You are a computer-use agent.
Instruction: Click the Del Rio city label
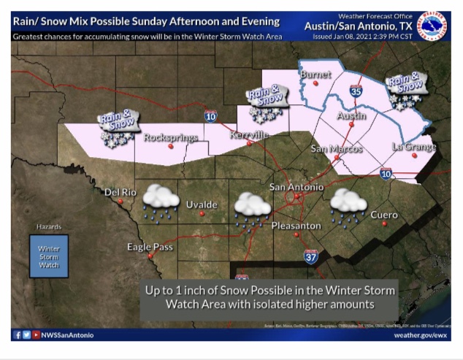click(121, 193)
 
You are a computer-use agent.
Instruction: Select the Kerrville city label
click(249, 135)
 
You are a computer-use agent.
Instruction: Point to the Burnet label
click(315, 74)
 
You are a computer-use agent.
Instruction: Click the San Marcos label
click(337, 149)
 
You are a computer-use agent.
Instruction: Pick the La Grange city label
click(413, 147)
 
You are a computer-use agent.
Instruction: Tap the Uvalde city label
click(202, 204)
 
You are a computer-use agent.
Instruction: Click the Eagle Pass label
click(150, 247)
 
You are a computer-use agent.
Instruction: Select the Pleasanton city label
click(296, 226)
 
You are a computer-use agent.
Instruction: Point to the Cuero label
click(384, 215)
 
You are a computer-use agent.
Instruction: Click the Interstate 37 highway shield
click(311, 255)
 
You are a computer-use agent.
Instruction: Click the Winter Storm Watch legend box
click(49, 256)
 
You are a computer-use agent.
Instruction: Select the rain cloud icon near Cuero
click(348, 204)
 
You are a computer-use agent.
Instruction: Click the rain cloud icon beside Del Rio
click(161, 200)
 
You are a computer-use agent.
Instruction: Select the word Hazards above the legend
click(49, 227)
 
